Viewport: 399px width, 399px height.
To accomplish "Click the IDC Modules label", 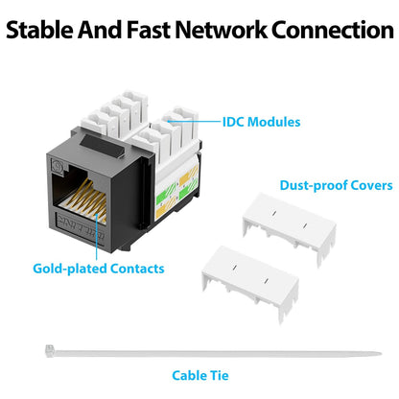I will point(262,122).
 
